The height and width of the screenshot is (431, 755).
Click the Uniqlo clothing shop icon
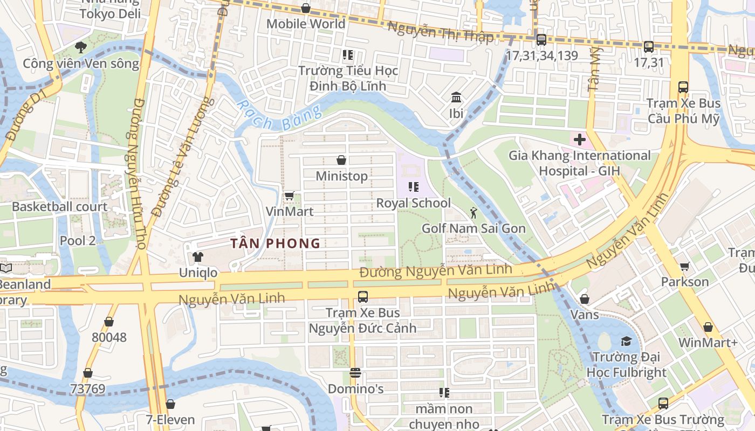[x=198, y=257]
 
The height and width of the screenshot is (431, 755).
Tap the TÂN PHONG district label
[x=275, y=244]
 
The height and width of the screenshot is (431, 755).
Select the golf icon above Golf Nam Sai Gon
[x=473, y=213]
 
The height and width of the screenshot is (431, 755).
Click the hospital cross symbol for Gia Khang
[x=580, y=140]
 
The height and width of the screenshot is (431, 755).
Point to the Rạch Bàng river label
[x=279, y=115]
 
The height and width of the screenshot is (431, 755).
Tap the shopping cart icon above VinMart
[x=289, y=196]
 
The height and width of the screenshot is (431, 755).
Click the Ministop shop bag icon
[x=341, y=160]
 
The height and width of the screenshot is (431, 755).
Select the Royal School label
[x=413, y=203]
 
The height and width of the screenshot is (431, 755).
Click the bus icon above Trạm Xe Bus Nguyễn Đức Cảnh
[x=362, y=296]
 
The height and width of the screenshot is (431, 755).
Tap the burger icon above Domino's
[x=355, y=373]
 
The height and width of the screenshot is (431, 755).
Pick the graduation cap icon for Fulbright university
[x=626, y=341]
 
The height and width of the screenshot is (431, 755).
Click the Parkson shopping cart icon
[x=684, y=266]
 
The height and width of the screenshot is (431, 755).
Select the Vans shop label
[x=584, y=314]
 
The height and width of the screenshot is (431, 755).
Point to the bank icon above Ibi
[x=456, y=98]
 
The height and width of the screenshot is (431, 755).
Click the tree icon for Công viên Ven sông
[x=81, y=47]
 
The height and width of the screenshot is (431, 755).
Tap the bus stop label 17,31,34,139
[x=541, y=55]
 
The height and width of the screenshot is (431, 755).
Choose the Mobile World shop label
[x=306, y=24]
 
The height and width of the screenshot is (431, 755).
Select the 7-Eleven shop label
[x=170, y=420]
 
